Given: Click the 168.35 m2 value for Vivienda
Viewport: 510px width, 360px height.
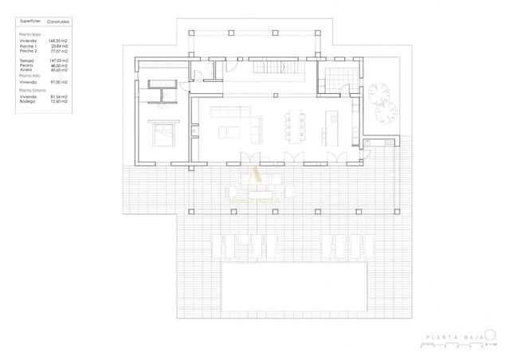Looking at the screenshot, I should pos(58,41).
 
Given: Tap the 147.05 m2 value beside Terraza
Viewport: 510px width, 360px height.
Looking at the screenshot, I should pos(58,60).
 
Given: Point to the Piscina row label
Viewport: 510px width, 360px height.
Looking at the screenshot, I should pos(27,65).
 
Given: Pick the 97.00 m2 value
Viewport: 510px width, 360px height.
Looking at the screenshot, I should pos(58,81).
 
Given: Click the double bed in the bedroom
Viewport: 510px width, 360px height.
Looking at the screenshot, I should pos(164,135).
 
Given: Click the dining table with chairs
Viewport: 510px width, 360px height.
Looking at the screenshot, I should pos(293,123).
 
